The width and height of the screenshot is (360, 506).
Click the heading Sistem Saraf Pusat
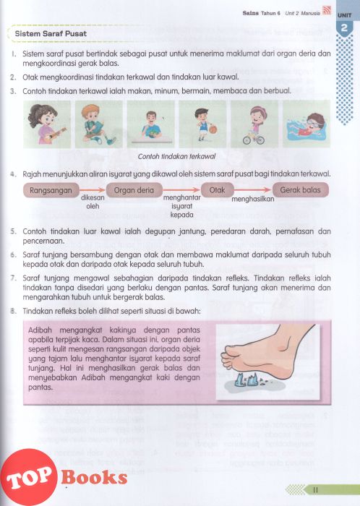point(51,33)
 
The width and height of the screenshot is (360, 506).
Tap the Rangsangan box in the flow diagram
point(51,190)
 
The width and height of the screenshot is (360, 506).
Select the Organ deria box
point(134,190)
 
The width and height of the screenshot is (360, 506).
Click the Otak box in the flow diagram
point(217,189)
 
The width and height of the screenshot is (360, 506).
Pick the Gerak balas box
point(300,189)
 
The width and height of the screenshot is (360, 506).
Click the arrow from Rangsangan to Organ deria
point(93,190)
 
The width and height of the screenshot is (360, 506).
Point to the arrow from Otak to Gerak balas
point(253,189)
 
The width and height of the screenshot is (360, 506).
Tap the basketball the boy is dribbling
point(213,129)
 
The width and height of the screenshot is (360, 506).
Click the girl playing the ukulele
point(47,124)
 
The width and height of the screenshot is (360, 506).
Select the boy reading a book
point(98,124)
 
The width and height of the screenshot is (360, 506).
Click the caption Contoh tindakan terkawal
point(176,157)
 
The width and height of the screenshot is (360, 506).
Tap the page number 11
point(315,490)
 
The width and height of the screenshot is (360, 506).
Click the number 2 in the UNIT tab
point(344,28)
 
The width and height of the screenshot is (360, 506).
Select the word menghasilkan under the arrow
point(252,199)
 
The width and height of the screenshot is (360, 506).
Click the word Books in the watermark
point(94,477)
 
